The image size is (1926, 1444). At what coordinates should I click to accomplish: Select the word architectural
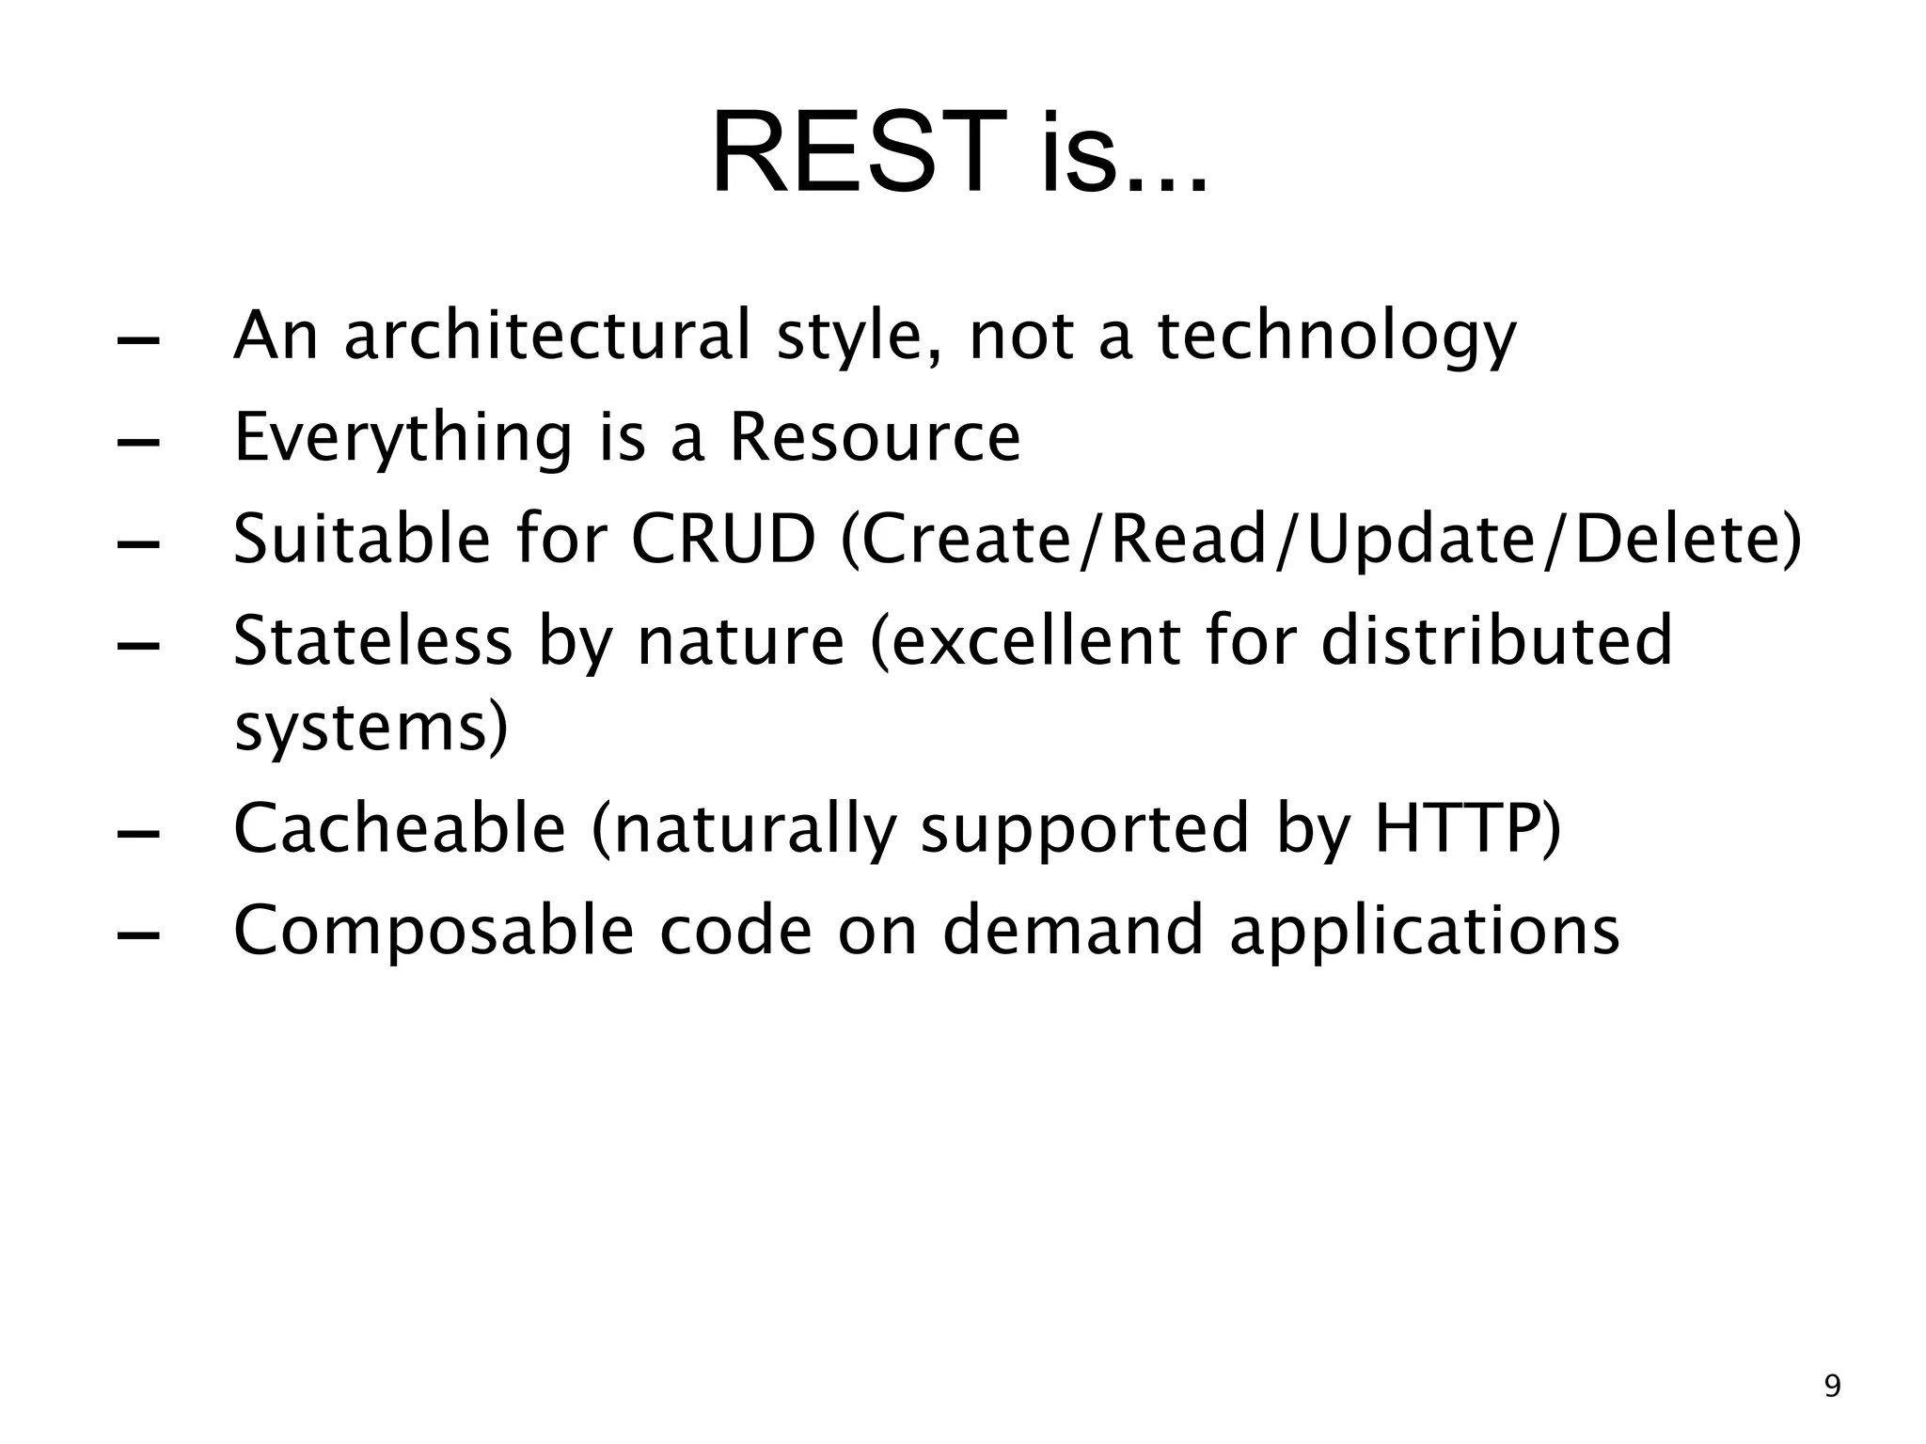[547, 336]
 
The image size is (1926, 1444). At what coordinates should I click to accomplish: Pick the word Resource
[875, 438]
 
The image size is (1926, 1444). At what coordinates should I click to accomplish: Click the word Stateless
[372, 641]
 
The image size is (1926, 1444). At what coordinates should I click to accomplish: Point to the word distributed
[1495, 641]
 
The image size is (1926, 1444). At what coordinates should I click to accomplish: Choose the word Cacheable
[400, 829]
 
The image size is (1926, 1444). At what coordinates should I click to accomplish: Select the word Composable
[433, 931]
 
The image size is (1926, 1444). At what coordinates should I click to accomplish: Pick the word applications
[1424, 933]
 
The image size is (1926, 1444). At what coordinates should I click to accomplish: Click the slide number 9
[1832, 1388]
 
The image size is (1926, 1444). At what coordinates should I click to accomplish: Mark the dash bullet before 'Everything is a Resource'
[137, 442]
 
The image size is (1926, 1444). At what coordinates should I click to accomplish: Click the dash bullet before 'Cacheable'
[137, 833]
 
